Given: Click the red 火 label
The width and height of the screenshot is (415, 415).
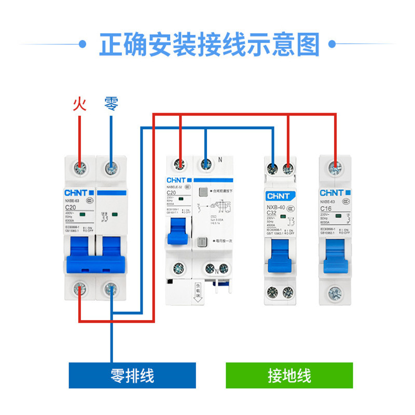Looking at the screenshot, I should tap(79, 104).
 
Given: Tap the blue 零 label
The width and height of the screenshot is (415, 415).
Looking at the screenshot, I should tap(111, 104).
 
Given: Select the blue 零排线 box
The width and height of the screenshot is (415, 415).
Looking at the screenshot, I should tap(132, 375).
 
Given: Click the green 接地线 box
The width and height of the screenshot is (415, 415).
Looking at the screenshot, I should tap(289, 375).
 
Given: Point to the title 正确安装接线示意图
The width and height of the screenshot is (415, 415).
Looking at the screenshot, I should tap(209, 45).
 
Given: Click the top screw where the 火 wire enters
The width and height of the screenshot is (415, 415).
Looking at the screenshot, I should tap(79, 167).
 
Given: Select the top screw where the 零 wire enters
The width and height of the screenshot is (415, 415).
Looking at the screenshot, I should tap(111, 167).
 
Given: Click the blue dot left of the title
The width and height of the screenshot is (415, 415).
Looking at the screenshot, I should tap(81, 45).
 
